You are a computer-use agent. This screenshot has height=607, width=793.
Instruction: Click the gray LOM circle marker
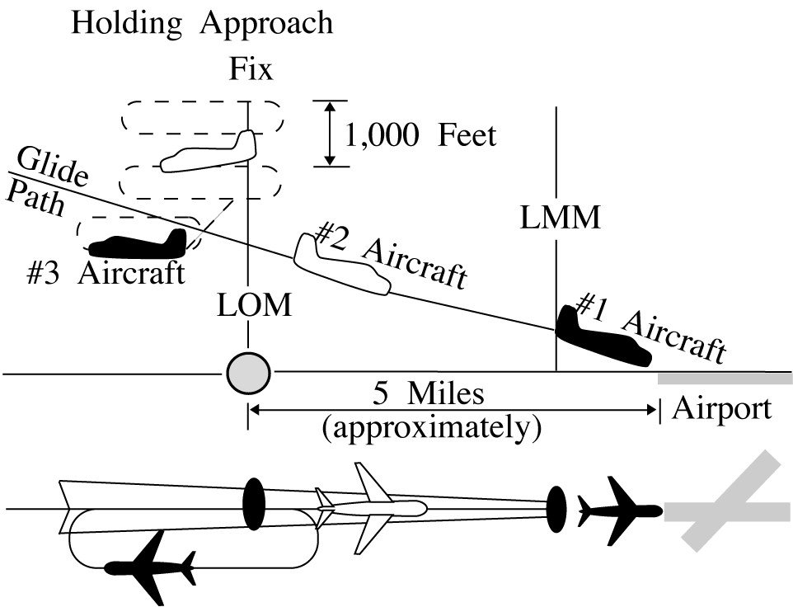click(x=248, y=374)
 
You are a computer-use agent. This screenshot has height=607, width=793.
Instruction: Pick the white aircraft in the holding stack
click(x=210, y=153)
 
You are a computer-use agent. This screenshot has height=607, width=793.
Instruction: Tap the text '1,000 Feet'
click(x=420, y=134)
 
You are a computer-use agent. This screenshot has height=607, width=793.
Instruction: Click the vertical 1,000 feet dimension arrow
click(x=330, y=134)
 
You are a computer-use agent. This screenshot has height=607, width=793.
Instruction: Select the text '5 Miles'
click(x=429, y=393)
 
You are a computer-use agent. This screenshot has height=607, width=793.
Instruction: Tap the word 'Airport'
click(x=722, y=409)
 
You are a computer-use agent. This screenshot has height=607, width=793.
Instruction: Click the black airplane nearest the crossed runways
click(x=618, y=509)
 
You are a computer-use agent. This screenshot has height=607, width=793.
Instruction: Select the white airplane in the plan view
click(x=371, y=506)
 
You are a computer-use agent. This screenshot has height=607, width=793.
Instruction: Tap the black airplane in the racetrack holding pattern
click(x=152, y=567)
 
